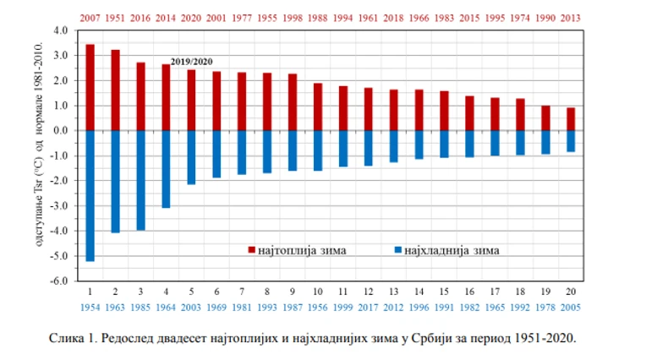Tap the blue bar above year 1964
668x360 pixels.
tap(166, 169)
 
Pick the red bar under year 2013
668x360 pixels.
tap(570, 119)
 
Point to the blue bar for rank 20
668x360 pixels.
tap(570, 141)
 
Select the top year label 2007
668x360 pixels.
tap(90, 17)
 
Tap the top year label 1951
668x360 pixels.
tap(115, 17)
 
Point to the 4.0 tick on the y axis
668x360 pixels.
tap(59, 30)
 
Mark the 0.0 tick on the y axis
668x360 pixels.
tap(59, 131)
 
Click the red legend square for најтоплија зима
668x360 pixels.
tap(251, 250)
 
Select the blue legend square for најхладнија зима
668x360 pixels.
tap(397, 250)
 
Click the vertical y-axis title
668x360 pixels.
tap(39, 155)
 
